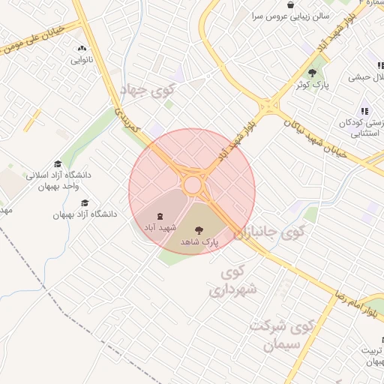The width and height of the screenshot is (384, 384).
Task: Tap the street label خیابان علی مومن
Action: (37, 35)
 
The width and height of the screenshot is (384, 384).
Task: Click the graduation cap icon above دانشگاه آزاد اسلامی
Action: (58, 164)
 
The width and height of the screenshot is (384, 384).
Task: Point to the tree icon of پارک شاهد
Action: (198, 230)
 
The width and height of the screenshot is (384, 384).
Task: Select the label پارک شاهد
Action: (199, 243)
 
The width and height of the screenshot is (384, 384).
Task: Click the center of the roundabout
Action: (193, 184)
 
